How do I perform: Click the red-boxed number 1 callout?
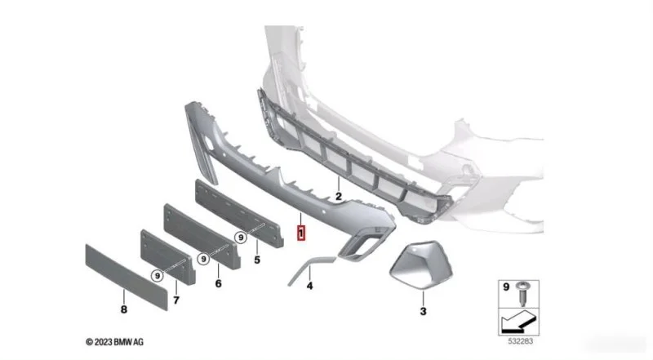tap(300, 233)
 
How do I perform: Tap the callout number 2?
tap(339, 196)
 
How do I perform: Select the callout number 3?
tap(423, 311)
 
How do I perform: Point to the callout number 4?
tap(309, 287)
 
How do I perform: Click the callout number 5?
tap(257, 260)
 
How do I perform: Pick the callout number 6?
tap(218, 284)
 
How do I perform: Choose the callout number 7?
tap(176, 300)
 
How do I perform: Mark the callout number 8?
tap(124, 309)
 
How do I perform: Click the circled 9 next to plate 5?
tap(241, 238)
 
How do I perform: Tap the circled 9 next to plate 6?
tap(203, 259)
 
